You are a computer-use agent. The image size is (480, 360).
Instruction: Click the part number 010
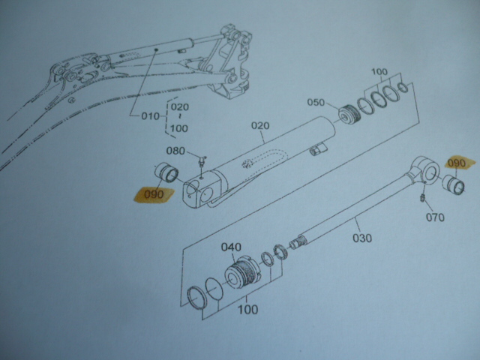[x=150, y=116]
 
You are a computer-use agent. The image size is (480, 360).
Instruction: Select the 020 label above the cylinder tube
[x=260, y=126]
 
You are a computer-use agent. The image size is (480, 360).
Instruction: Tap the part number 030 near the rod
[x=362, y=238]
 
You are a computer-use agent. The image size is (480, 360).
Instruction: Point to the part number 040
[x=231, y=247]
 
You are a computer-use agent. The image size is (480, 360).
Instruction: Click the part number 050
[x=316, y=102]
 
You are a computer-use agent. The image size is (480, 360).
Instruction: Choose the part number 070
[x=435, y=217]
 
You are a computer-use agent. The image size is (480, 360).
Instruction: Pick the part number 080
[x=175, y=151]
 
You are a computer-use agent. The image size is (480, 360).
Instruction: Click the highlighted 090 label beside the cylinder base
[x=154, y=195]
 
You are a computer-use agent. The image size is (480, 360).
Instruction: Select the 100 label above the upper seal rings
[x=379, y=72]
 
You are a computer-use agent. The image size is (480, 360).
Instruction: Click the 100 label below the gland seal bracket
[x=248, y=310]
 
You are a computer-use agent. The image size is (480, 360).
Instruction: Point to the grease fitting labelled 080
[x=202, y=161]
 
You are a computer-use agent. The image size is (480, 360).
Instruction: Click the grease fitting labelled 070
[x=421, y=197]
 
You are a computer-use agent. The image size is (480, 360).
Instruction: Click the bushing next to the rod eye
[x=454, y=185]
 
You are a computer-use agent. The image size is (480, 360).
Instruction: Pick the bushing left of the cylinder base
[x=166, y=172]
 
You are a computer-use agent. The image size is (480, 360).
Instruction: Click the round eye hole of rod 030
[x=432, y=172]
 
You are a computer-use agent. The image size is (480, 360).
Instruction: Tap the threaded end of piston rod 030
[x=297, y=241]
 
